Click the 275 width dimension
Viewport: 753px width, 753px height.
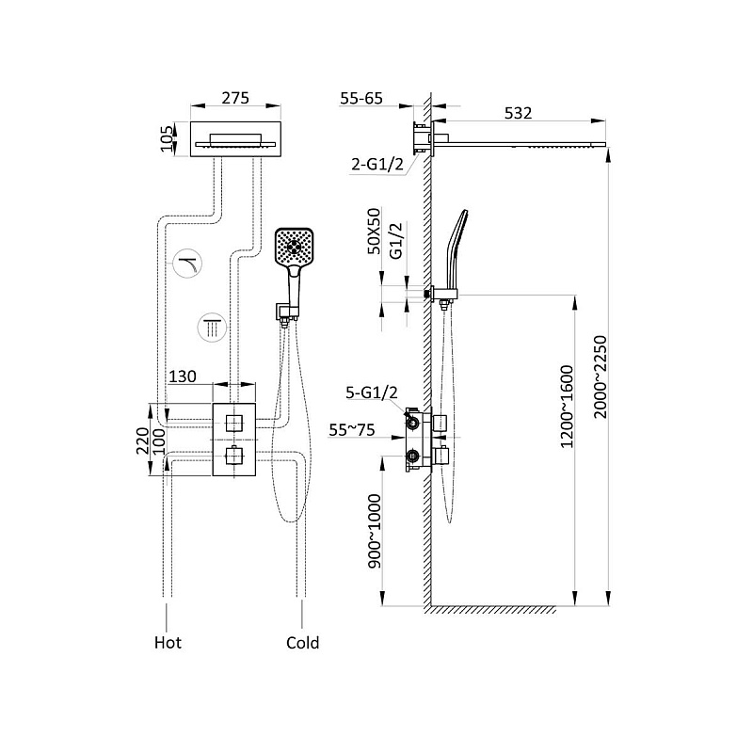click(235, 98)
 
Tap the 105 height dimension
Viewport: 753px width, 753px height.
click(167, 138)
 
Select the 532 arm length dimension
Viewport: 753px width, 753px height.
click(519, 113)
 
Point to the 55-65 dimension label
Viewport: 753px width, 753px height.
click(361, 99)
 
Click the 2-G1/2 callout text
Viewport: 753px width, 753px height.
click(377, 164)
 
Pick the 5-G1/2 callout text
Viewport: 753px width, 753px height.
click(372, 393)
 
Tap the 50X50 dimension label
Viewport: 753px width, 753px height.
click(374, 231)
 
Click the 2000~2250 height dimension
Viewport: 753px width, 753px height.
click(601, 377)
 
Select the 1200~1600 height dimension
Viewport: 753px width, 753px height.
click(568, 407)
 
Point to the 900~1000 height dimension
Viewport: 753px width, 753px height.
click(374, 531)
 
